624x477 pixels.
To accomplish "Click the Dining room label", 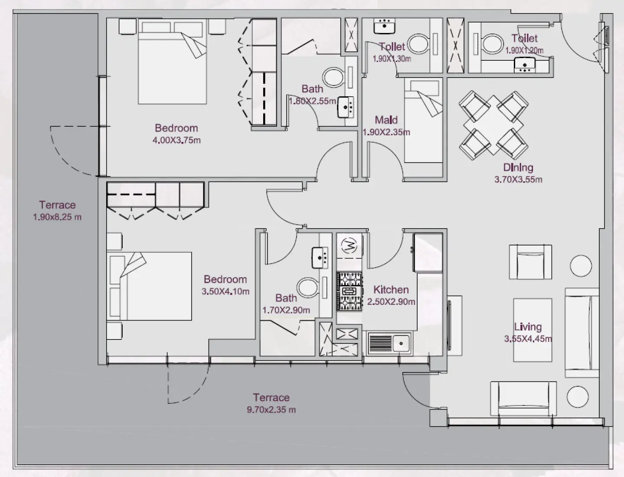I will [518, 167].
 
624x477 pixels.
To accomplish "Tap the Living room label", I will [528, 327].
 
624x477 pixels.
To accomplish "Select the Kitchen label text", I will [391, 290].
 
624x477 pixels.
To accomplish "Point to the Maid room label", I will [386, 120].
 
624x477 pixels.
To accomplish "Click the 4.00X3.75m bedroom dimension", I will [176, 140].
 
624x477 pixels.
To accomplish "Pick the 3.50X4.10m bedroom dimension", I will [225, 291].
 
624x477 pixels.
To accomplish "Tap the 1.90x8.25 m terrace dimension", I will [57, 217].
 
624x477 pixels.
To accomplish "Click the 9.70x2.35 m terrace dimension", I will [271, 409].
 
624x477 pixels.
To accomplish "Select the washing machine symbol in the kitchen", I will [350, 246].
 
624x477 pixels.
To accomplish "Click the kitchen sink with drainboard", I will [389, 343].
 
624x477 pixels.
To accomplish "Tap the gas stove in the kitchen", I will [350, 291].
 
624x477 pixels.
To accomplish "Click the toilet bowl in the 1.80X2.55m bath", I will [333, 77].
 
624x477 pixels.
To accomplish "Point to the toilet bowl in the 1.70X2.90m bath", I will [307, 288].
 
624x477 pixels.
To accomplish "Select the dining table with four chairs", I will [493, 125].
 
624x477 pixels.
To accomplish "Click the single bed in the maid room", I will [423, 121].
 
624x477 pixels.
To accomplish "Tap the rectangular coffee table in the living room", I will [533, 330].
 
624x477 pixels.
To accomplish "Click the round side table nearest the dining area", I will [581, 266].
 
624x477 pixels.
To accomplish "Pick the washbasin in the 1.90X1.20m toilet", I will [525, 65].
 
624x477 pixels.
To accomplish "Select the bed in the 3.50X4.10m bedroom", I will [150, 286].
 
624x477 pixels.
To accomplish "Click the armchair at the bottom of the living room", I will [523, 399].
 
